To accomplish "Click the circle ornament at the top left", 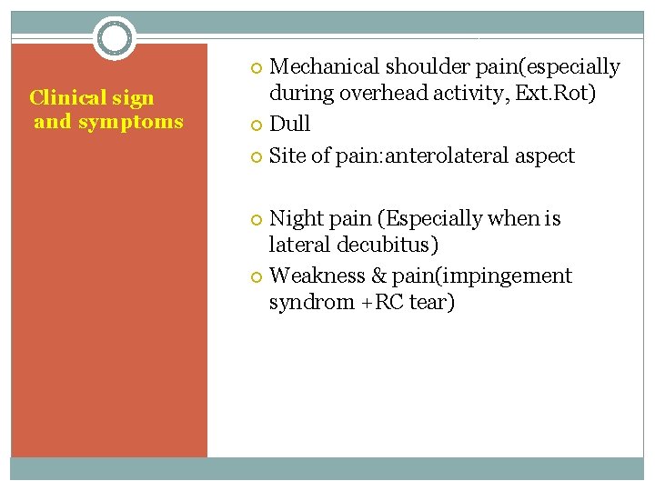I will (x=115, y=38).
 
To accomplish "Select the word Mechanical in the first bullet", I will (x=326, y=67).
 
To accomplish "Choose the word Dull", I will (x=290, y=124).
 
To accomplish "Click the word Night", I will (x=296, y=218).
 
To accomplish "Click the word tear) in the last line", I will (x=432, y=302).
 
